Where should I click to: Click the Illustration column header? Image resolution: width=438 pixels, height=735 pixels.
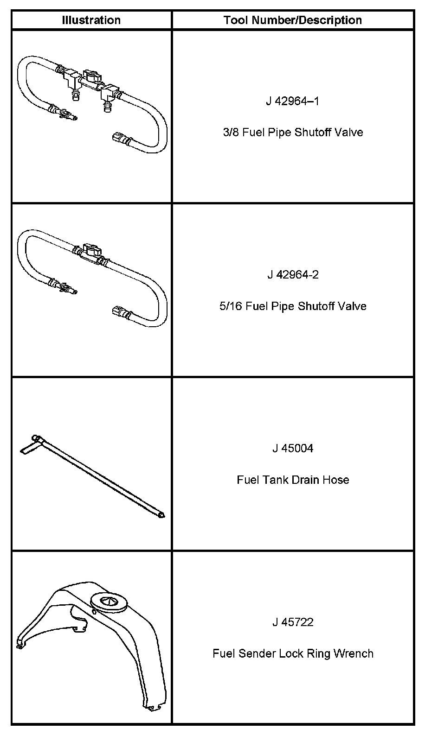click(91, 20)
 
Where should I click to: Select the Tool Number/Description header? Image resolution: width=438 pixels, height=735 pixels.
click(292, 20)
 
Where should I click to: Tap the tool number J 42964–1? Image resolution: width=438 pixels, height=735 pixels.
click(292, 101)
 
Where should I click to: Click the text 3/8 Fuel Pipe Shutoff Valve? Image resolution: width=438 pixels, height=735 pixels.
click(292, 133)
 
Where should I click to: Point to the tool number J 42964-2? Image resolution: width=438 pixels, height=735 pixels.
click(292, 275)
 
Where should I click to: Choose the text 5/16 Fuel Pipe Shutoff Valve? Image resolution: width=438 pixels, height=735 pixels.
click(292, 306)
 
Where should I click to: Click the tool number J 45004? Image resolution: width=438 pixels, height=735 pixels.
click(292, 449)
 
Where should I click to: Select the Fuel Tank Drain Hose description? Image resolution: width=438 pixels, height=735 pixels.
click(292, 480)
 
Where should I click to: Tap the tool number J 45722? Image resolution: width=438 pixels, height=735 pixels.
click(292, 622)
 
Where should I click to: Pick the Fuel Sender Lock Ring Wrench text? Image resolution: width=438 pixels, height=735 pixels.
click(292, 653)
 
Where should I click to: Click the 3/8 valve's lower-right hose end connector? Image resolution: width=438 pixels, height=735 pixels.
click(119, 138)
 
